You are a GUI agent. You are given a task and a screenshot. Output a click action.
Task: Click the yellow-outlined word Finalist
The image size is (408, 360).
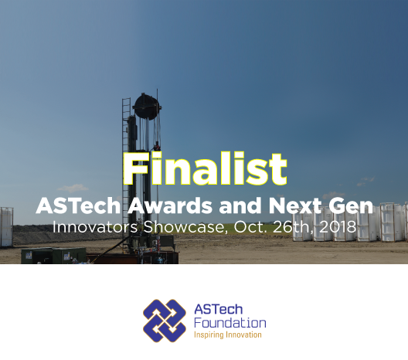click(x=205, y=168)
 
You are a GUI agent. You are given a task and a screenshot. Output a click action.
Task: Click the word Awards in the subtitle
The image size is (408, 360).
click(x=170, y=205)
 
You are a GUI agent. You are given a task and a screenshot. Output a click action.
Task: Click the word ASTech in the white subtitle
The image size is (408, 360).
click(x=78, y=205)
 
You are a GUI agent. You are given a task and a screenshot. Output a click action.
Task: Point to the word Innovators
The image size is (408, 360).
click(x=95, y=227)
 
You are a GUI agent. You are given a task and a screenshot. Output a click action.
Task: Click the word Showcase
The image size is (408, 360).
click(x=184, y=227)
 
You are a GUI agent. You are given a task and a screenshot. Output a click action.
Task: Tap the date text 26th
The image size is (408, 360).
click(x=292, y=227)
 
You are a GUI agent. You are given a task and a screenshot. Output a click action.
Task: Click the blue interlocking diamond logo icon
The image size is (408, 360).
click(x=165, y=321)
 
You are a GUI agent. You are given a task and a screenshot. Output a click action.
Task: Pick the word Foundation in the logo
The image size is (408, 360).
click(x=230, y=323)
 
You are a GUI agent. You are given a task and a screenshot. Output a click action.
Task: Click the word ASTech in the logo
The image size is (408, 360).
click(x=219, y=309)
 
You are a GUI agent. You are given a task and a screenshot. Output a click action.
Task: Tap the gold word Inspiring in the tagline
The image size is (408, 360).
click(x=209, y=335)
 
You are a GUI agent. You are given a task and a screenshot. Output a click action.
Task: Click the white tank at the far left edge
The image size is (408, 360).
click(x=6, y=227)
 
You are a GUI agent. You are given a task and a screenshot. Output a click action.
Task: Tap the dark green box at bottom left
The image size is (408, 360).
click(x=53, y=256)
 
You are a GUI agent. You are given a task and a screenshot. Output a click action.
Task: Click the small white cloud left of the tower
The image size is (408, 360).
click(x=73, y=188)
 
